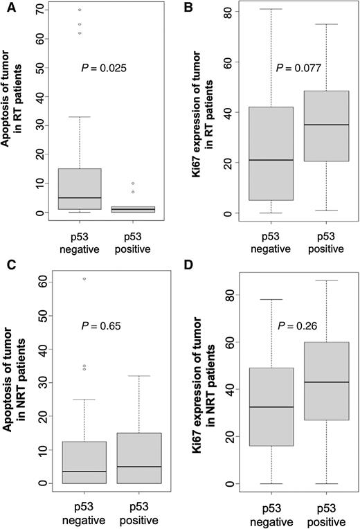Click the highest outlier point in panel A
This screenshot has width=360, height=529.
[x=80, y=10]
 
